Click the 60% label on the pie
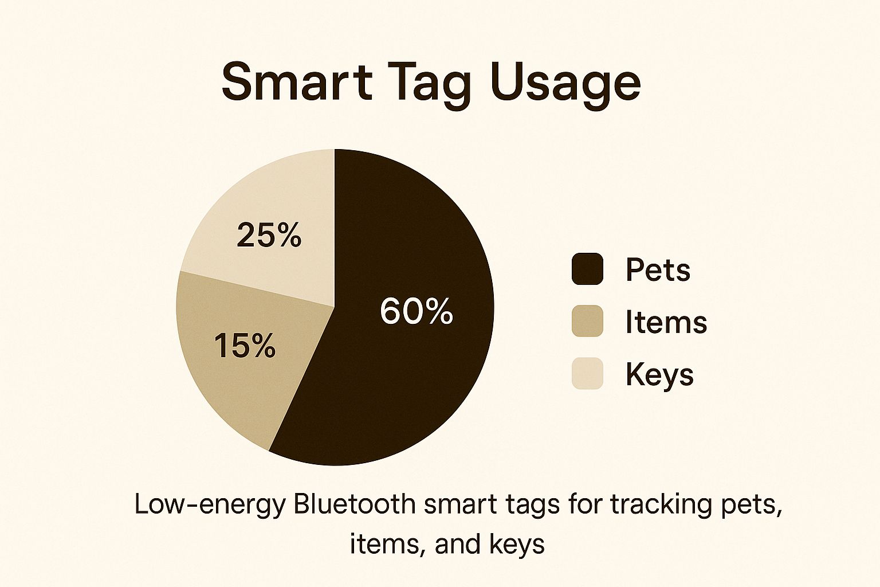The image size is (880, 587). click(x=417, y=312)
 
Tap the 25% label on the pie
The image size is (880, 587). click(x=269, y=235)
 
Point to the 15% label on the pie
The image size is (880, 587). click(x=245, y=346)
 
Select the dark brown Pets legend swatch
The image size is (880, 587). click(x=587, y=269)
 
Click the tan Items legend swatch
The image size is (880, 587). click(x=587, y=321)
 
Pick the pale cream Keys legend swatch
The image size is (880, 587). click(x=587, y=374)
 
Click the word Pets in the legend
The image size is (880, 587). click(x=658, y=269)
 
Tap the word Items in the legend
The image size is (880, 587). click(x=666, y=322)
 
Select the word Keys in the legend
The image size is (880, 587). click(x=659, y=374)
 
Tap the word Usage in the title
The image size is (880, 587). click(x=565, y=83)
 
